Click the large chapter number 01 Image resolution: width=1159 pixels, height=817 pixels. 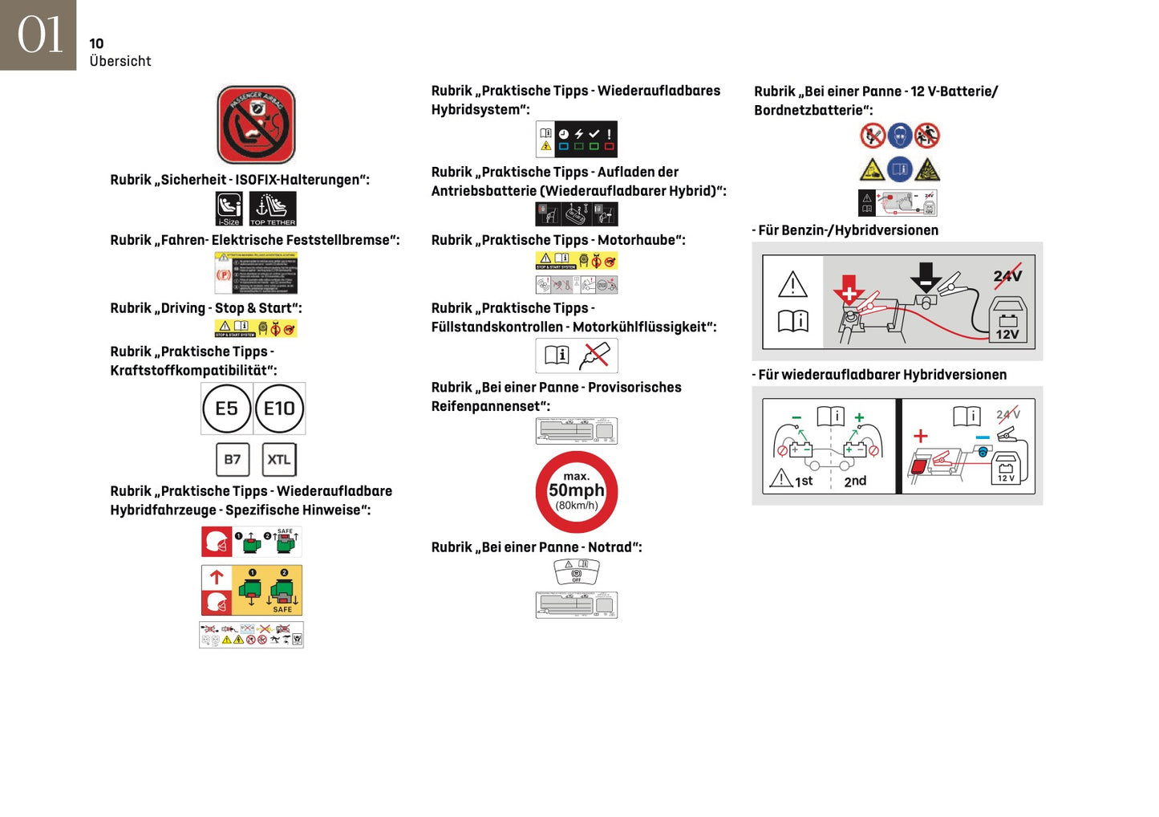pos(39,35)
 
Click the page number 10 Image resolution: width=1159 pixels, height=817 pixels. pos(96,44)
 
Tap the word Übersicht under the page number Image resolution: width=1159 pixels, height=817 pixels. pos(120,61)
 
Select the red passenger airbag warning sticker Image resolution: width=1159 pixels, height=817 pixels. pos(256,125)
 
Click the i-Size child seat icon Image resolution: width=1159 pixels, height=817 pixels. pos(229,209)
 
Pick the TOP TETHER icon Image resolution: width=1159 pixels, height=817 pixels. pos(273,209)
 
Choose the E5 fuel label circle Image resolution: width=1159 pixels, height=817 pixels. pos(227,408)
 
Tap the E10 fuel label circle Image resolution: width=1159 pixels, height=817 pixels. pos(279,408)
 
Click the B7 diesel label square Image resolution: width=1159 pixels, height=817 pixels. pos(233,460)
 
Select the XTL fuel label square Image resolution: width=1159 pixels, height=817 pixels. pos(279,460)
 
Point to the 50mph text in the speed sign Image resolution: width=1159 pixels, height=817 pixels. pos(577,490)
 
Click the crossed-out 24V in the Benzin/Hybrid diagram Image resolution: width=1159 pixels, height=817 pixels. pos(1007,276)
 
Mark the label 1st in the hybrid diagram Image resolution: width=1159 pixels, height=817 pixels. pos(804,482)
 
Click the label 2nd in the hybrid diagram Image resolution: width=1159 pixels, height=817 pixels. pos(855,482)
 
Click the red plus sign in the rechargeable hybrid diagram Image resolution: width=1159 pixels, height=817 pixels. pos(921,436)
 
